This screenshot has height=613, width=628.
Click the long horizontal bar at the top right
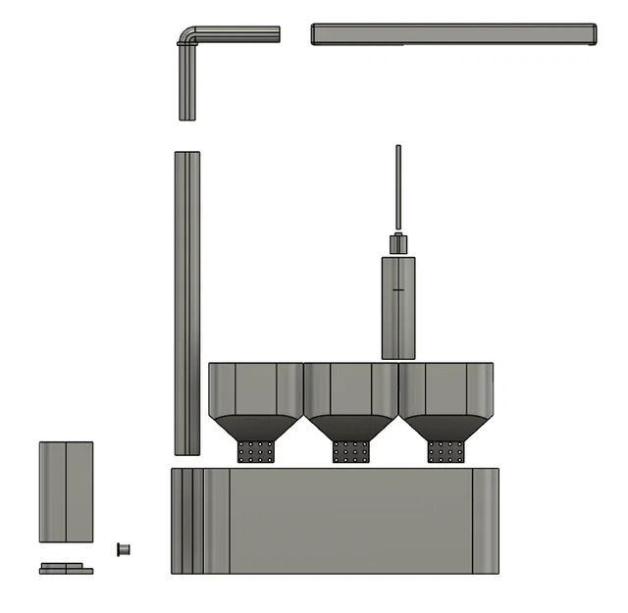click(453, 34)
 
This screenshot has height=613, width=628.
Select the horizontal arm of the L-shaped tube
click(240, 34)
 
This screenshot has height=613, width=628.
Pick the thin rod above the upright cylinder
click(398, 186)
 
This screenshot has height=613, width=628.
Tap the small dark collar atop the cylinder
click(398, 244)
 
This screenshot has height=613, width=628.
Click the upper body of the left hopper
click(255, 388)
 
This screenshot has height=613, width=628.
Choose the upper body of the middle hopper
click(350, 388)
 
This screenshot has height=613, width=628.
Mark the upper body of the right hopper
click(445, 388)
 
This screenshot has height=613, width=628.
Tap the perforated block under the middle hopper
click(350, 451)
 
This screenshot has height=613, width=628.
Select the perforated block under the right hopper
click(445, 451)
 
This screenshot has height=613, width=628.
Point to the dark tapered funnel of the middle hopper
click(350, 428)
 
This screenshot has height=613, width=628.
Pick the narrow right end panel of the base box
click(486, 521)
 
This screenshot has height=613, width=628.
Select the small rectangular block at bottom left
click(66, 491)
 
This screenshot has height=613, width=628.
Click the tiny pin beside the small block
click(124, 548)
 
